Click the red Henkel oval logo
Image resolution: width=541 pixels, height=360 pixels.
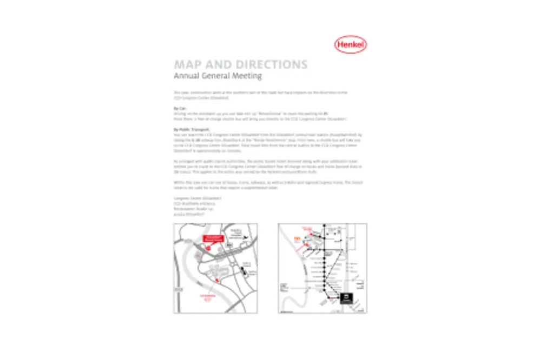coord(351,45)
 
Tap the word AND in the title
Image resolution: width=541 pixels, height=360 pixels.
coord(220,65)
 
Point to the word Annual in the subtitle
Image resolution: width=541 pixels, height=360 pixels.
coord(187,76)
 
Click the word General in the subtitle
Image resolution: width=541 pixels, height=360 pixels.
coord(219,76)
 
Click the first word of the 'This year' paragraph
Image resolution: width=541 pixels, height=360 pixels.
coord(177,92)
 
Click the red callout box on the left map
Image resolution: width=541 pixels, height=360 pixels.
coord(213,238)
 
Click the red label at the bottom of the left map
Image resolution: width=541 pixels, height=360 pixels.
coord(208,297)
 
